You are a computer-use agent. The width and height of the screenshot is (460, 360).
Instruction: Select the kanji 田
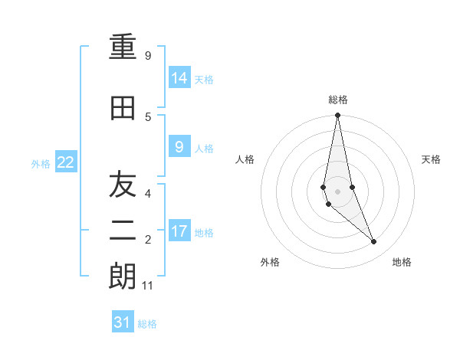coord(123,109)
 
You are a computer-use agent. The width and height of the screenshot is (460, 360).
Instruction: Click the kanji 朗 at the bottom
coord(123,277)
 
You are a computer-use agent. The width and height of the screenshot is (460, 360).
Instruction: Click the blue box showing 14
coord(179,77)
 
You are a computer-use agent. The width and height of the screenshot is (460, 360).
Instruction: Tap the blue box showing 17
coord(179,231)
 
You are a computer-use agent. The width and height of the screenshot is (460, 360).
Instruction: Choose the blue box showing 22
coord(66,162)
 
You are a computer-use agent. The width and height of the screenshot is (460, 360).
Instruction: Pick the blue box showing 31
coord(123,322)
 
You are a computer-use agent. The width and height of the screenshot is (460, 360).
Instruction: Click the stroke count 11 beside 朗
coord(148,286)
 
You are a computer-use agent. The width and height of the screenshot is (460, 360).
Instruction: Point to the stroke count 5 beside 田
coord(148,116)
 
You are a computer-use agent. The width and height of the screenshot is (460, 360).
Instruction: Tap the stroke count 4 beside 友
coord(148,193)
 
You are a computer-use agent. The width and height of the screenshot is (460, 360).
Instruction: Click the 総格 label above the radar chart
coord(338,100)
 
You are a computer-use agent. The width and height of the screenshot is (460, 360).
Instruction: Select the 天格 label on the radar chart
coord(431,159)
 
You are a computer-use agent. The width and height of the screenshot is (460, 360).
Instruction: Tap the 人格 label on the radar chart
coord(245,159)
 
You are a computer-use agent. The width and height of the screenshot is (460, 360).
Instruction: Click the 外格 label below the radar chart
coord(270,262)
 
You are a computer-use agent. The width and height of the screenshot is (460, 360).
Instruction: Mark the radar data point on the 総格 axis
coord(338,116)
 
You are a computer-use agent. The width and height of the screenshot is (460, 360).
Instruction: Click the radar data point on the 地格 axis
coord(374,242)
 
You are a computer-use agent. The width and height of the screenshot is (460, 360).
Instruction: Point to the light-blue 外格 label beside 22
coord(41,163)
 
